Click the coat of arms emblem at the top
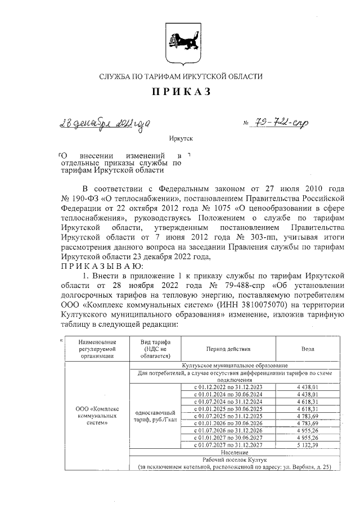[x=181, y=44]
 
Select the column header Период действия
[x=228, y=349]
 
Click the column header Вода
[x=308, y=349]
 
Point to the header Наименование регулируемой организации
[x=98, y=349]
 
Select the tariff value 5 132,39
[x=308, y=445]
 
